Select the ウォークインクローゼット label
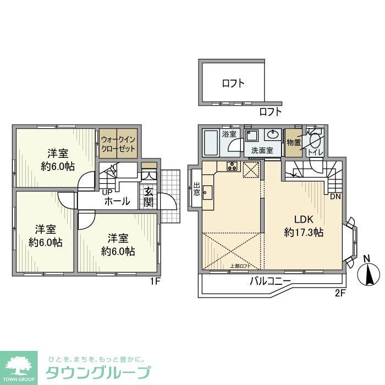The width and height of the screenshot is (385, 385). click(x=117, y=144)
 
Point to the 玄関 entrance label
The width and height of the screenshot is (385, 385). click(x=148, y=196)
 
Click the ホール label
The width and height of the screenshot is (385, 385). click(x=117, y=201)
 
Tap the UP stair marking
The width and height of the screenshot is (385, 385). click(x=106, y=192)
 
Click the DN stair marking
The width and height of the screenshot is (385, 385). click(x=335, y=196)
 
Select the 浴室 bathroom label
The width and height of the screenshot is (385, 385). click(x=229, y=134)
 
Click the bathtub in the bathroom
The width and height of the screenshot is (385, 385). click(x=212, y=144)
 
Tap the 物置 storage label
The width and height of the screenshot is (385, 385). click(x=293, y=143)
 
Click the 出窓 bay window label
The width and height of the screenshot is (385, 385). click(x=196, y=190)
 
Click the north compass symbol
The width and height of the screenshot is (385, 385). click(x=367, y=273)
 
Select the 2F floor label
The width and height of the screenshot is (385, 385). click(x=339, y=292)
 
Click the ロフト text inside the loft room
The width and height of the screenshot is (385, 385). click(x=233, y=84)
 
